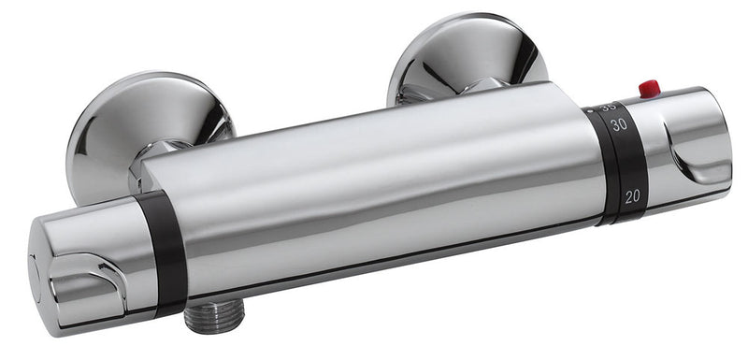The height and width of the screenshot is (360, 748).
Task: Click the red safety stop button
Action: (x=649, y=89)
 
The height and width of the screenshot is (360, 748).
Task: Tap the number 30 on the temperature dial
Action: (x=617, y=125)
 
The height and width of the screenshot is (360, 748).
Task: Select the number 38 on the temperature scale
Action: (x=611, y=107)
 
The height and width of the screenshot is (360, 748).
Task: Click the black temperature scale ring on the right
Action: (x=621, y=164)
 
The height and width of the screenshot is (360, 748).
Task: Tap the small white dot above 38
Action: (x=591, y=109)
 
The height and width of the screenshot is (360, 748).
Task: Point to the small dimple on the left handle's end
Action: (x=35, y=266)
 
